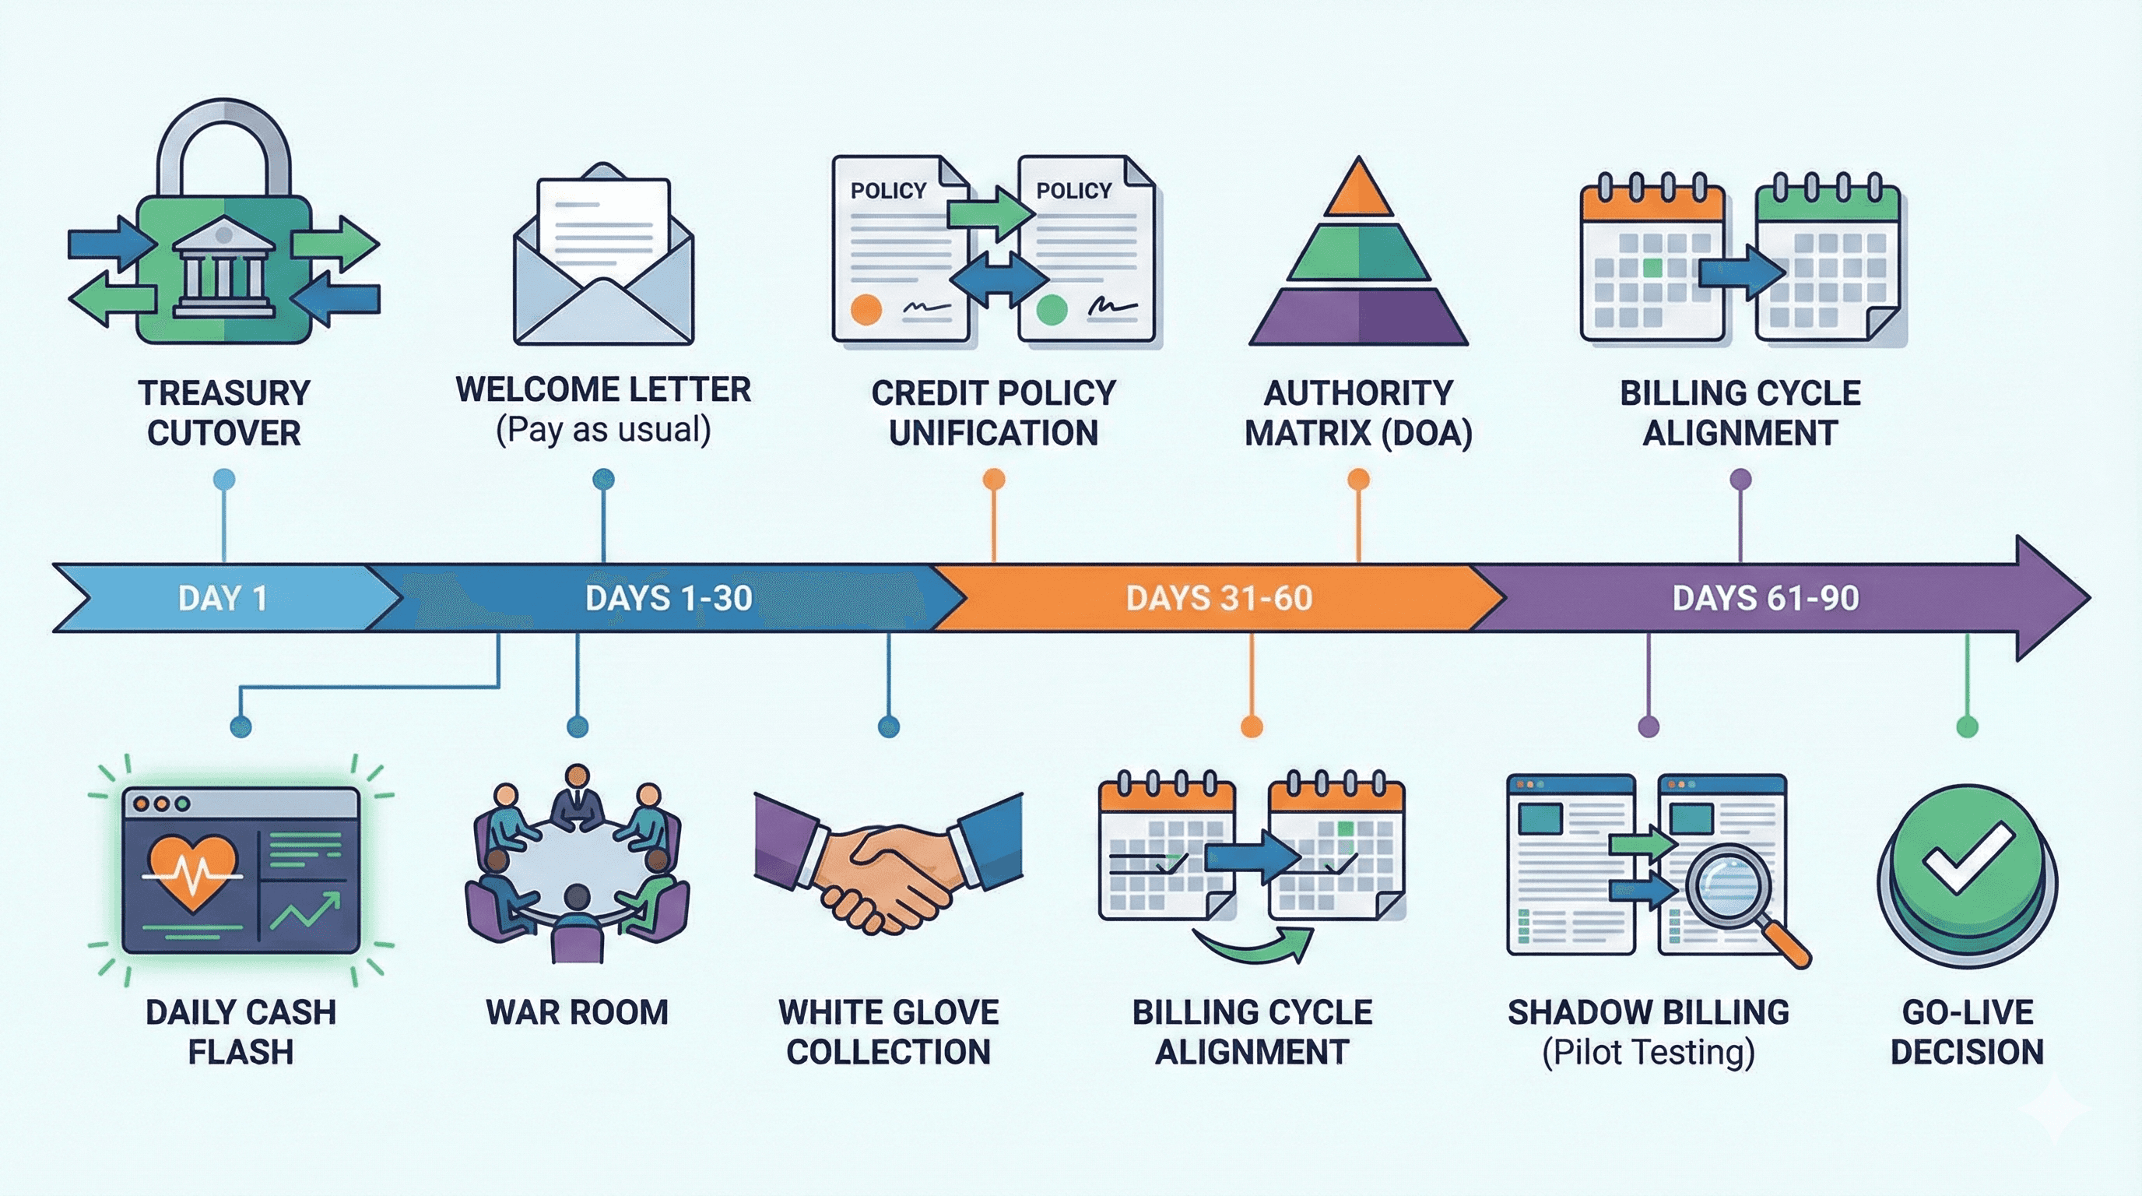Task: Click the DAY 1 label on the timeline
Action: [222, 598]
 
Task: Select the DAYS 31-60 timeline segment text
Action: [1219, 598]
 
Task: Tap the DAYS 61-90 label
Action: [1765, 598]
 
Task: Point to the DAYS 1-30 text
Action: [669, 598]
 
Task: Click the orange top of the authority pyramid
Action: [1358, 190]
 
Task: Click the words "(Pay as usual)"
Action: [604, 430]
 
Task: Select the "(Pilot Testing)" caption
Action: [1648, 1052]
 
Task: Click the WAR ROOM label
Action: [577, 1012]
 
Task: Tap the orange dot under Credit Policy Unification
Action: [994, 479]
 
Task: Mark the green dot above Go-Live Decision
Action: [1967, 727]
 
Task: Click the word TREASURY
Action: [223, 392]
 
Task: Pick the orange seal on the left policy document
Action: [866, 308]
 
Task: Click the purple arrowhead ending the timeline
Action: [2049, 598]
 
